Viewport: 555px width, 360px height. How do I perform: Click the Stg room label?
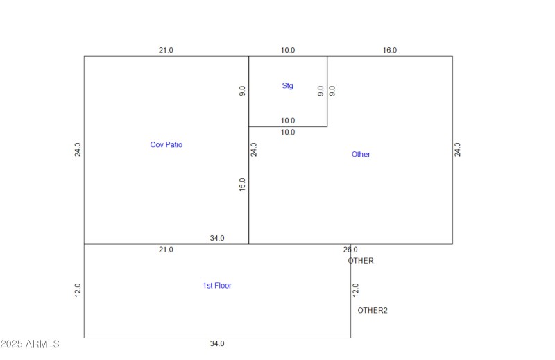pyautogui.click(x=287, y=86)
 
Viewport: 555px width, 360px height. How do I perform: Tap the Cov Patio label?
pyautogui.click(x=166, y=144)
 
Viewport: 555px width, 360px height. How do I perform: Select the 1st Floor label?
pyautogui.click(x=217, y=286)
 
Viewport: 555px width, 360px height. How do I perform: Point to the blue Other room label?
pyautogui.click(x=361, y=154)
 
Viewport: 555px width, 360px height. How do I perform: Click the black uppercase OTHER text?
pyautogui.click(x=361, y=261)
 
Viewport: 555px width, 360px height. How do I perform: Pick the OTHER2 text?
pyautogui.click(x=373, y=310)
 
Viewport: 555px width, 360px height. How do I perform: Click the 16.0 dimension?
pyautogui.click(x=390, y=50)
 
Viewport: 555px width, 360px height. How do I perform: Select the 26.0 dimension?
pyautogui.click(x=350, y=250)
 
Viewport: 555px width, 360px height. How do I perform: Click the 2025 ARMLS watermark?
pyautogui.click(x=31, y=344)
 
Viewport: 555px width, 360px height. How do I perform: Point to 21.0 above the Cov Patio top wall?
pyautogui.click(x=166, y=50)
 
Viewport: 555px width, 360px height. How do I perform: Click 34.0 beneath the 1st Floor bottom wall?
pyautogui.click(x=217, y=343)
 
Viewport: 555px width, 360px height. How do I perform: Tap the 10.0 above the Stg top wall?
pyautogui.click(x=288, y=50)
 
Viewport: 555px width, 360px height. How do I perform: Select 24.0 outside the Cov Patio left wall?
pyautogui.click(x=78, y=150)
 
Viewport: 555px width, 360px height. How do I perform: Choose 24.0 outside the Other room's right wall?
pyautogui.click(x=458, y=150)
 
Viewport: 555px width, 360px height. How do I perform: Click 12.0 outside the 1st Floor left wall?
pyautogui.click(x=78, y=290)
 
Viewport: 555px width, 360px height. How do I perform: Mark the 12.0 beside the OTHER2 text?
pyautogui.click(x=356, y=290)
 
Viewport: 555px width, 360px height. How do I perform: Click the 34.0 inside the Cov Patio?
pyautogui.click(x=217, y=238)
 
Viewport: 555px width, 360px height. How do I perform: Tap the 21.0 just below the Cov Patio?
pyautogui.click(x=166, y=250)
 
